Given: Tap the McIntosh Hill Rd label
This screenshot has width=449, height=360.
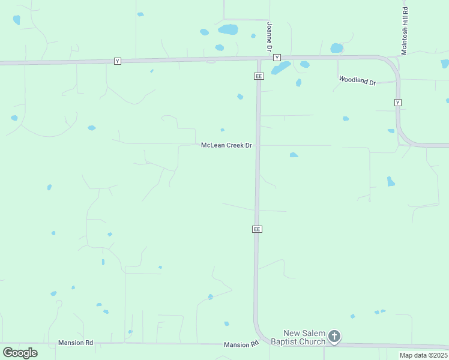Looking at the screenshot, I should pos(405,31).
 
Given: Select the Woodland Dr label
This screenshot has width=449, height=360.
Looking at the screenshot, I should pos(357,80).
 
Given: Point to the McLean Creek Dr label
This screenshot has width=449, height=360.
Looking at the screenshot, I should pos(226,145).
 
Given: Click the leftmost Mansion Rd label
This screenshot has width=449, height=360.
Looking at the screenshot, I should pos(76,343).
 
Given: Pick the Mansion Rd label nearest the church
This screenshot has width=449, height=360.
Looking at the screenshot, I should pos(241,344).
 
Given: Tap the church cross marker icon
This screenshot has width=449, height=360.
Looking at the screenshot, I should pos(334,337).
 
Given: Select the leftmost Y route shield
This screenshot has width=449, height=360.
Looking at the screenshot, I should pos(118,61).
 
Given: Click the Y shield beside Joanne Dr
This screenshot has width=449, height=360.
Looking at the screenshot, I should pos(277,58).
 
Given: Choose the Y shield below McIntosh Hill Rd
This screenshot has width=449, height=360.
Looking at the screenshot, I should pos(397,103).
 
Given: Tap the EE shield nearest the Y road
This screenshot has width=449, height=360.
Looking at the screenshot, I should pos(259,76).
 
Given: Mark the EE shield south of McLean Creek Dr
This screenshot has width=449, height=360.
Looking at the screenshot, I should pos(257,229).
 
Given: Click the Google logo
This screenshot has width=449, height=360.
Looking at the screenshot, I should pos(20,352).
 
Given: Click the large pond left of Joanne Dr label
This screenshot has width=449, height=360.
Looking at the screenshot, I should pos(228,29).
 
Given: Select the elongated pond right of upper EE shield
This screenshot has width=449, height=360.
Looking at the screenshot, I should pos(280,68).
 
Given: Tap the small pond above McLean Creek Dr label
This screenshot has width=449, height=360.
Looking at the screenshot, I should pos(222,130).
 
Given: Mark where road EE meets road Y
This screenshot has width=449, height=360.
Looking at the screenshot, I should pos(259,59).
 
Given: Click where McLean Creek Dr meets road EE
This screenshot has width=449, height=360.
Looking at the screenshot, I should pos(258,145).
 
